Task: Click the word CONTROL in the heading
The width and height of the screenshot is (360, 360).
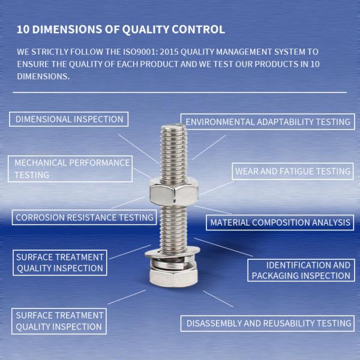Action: coord(199,29)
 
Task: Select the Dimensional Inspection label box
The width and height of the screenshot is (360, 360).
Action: coord(69,119)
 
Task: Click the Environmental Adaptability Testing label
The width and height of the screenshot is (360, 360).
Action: coord(268,122)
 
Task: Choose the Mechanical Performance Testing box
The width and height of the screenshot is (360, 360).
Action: coord(71,169)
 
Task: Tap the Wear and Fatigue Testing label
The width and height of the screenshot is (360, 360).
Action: coord(292,171)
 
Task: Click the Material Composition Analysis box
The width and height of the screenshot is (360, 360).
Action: coord(279,223)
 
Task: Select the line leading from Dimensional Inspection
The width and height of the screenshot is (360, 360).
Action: coord(140,145)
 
